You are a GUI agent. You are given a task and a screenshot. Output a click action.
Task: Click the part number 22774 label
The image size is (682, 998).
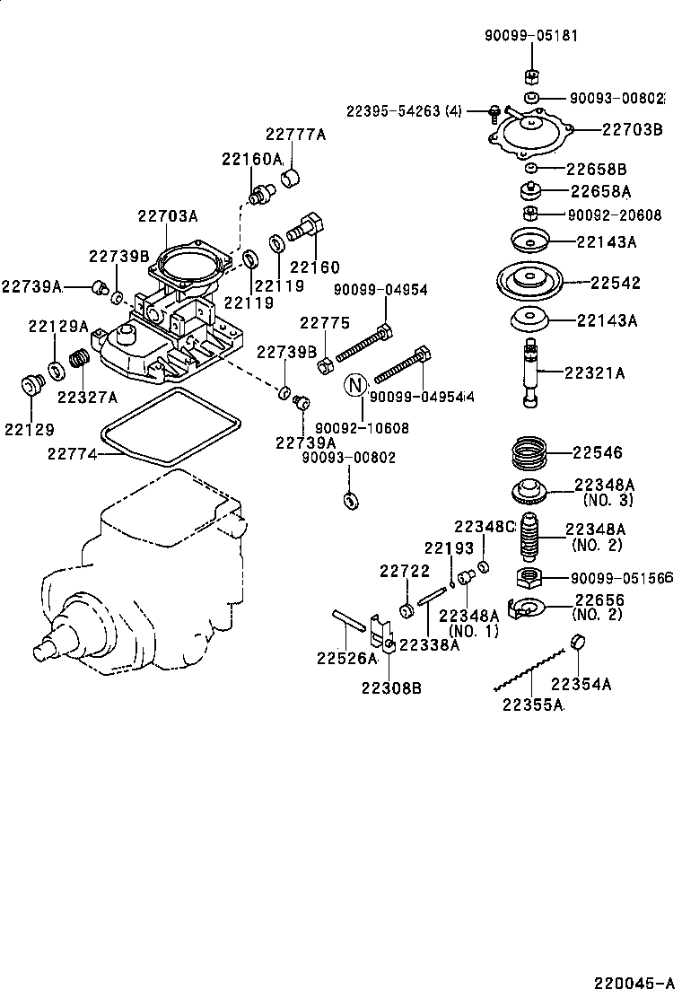[73, 455]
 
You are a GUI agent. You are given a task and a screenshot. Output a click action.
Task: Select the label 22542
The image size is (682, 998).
[616, 282]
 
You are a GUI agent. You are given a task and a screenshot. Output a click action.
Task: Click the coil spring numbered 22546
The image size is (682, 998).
[529, 452]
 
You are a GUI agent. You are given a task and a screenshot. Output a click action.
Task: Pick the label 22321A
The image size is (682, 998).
[594, 372]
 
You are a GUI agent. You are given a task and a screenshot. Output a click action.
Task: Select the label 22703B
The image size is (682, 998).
[632, 129]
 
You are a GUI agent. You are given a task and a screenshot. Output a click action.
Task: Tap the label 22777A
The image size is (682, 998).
[295, 135]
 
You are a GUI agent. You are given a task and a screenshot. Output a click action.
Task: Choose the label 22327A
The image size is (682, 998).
[88, 397]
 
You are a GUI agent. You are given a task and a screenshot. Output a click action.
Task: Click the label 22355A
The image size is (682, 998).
[532, 705]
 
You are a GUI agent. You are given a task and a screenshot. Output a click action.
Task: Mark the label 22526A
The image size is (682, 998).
[346, 658]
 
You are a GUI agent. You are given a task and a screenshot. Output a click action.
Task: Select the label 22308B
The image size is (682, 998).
[392, 687]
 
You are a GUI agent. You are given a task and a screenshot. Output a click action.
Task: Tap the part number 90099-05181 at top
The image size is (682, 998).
[531, 36]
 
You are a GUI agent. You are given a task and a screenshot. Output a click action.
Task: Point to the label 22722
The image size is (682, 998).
[404, 570]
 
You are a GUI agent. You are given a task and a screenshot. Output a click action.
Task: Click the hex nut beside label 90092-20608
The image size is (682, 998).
[530, 214]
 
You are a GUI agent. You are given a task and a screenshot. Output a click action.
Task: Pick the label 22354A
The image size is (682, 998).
[581, 684]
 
